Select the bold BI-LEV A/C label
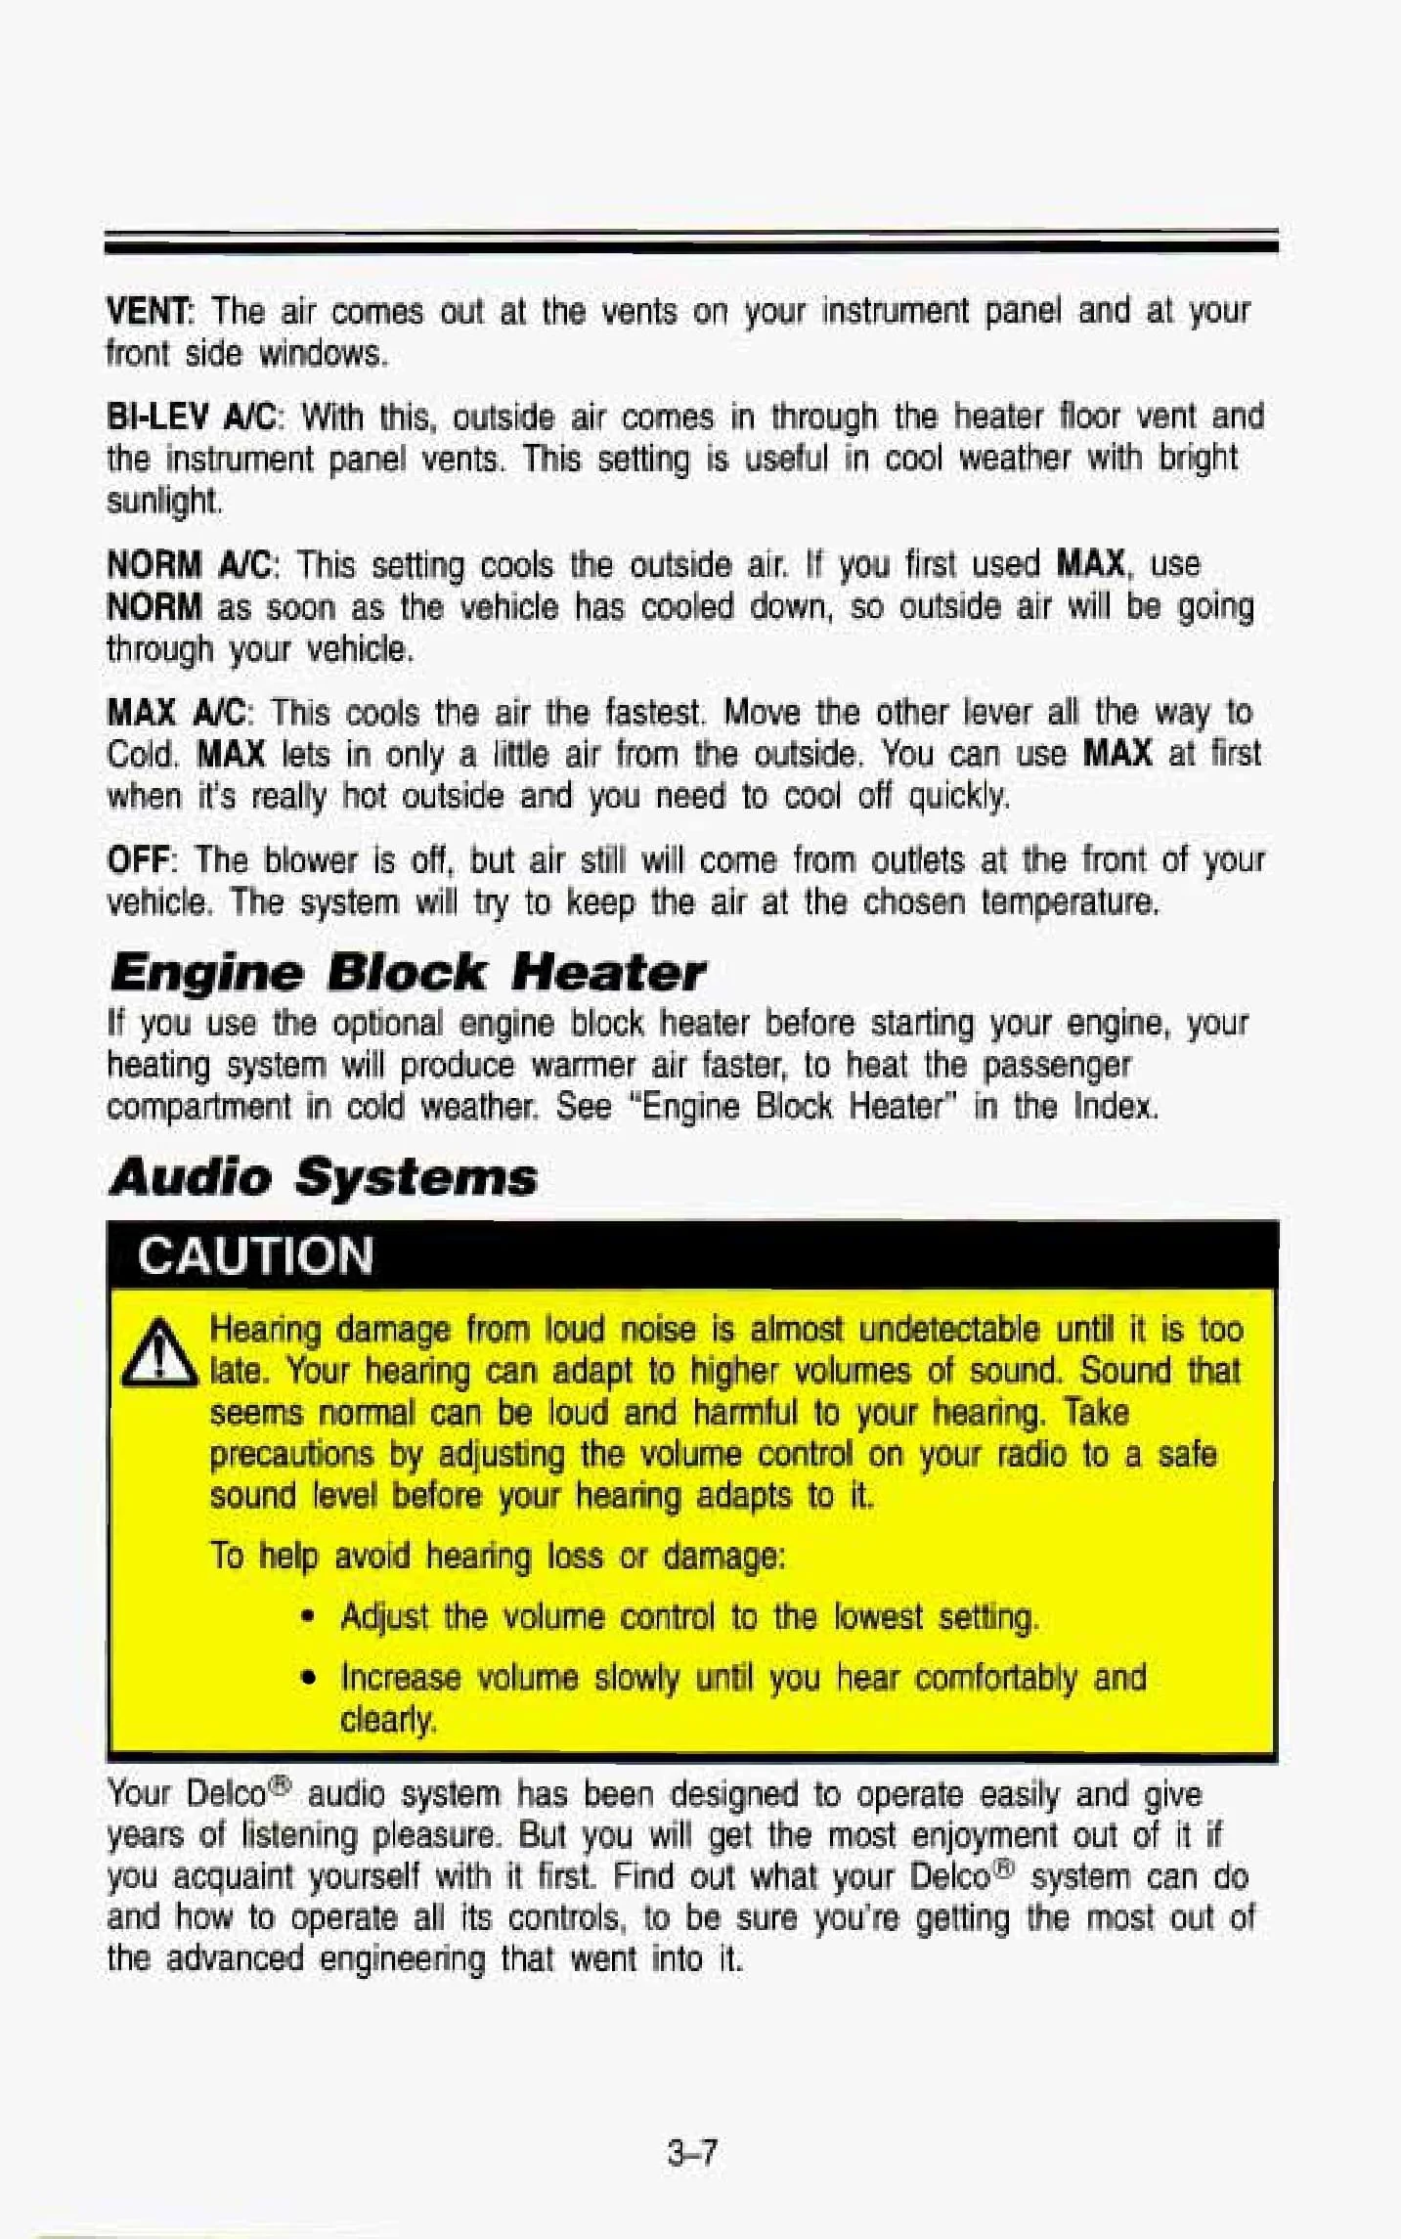pos(194,417)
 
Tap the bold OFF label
pos(139,860)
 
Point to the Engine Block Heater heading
pos(407,972)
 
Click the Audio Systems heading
pos(323,1176)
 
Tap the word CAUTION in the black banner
pos(256,1255)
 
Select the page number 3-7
pos(693,2152)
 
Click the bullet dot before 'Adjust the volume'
pos(309,1619)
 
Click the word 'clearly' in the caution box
pos(387,1720)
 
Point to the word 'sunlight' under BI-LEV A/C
pos(163,502)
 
